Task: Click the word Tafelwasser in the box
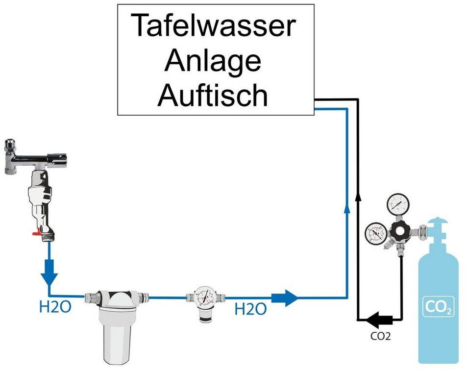[213, 25]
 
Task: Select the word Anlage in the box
[213, 61]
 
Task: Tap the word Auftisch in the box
[213, 95]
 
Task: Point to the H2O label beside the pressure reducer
[250, 309]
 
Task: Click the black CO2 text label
[380, 336]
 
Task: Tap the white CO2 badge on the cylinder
[439, 306]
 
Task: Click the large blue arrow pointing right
[284, 297]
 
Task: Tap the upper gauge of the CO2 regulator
[398, 204]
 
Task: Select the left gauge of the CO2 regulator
[376, 233]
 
